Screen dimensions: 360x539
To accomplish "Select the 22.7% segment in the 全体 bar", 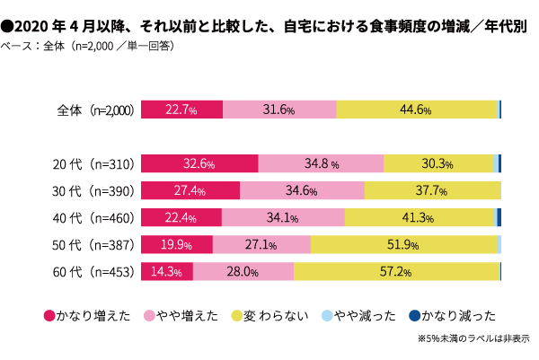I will [182, 110].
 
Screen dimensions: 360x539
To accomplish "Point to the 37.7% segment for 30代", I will [431, 190].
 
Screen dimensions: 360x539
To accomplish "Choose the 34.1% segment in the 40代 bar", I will [283, 217].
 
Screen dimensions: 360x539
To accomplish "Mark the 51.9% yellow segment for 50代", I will [403, 244].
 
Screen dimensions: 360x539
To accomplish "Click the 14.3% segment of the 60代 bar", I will [167, 271].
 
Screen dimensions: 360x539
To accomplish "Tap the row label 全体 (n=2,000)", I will [94, 110].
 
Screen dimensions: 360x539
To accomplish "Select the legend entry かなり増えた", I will [88, 315].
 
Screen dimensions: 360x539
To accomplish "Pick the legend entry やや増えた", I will [183, 315].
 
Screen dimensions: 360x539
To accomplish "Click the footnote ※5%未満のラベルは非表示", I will [473, 339].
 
